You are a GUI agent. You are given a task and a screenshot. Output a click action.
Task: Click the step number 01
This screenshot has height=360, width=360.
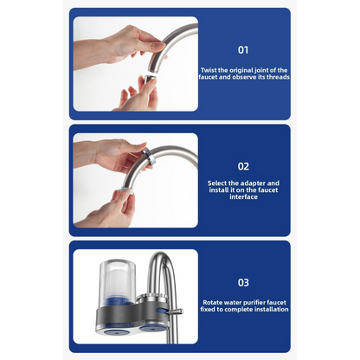[x=243, y=50]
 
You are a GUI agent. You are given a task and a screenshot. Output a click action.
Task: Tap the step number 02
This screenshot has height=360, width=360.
[x=243, y=166]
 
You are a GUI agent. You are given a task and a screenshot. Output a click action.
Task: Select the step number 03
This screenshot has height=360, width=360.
[x=243, y=282]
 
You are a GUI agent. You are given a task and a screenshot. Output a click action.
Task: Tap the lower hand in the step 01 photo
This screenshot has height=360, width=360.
[x=134, y=95]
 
